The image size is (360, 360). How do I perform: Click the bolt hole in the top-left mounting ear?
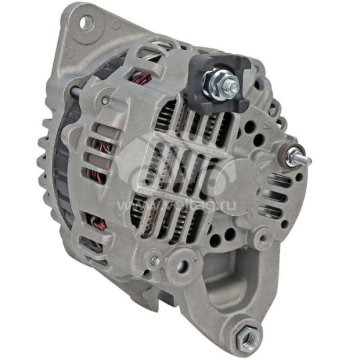85,23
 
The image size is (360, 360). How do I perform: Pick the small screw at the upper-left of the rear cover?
105,101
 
